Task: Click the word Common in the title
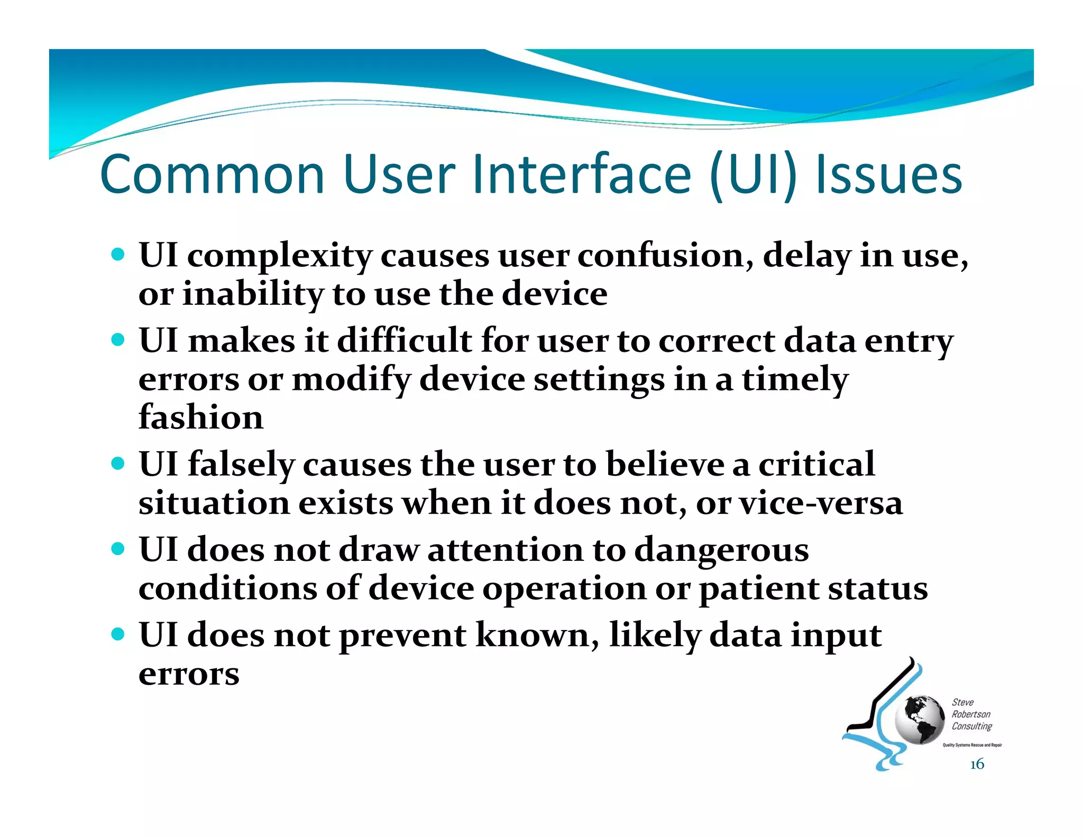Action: coord(212,175)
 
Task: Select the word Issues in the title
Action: coord(888,175)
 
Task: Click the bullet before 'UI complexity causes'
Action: coord(118,254)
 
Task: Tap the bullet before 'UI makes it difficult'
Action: coord(118,339)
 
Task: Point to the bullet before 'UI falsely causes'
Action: coord(118,464)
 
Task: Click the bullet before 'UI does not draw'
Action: coord(118,549)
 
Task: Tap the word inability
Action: coord(252,294)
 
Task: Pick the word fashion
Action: coord(200,417)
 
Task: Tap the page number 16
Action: coord(977,764)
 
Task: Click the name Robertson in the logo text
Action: coord(971,714)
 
